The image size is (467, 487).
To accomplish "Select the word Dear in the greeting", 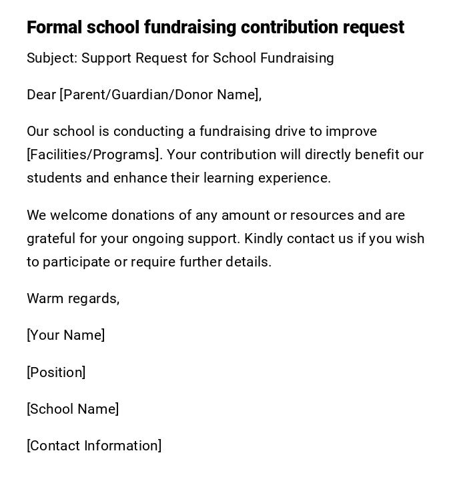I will pyautogui.click(x=41, y=95).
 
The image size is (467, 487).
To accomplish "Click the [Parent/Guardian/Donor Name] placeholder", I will pyautogui.click(x=159, y=95).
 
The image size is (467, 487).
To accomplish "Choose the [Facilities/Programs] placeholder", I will pyautogui.click(x=93, y=155).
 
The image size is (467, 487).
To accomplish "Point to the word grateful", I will pyautogui.click(x=51, y=239).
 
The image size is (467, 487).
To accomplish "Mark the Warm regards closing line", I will pyautogui.click(x=73, y=298).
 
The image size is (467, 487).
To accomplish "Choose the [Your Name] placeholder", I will pyautogui.click(x=65, y=335).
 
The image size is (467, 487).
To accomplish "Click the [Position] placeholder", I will pyautogui.click(x=56, y=372).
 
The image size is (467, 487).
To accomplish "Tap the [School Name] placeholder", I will pyautogui.click(x=73, y=409).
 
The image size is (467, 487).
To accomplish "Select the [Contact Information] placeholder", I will pyautogui.click(x=94, y=446).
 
